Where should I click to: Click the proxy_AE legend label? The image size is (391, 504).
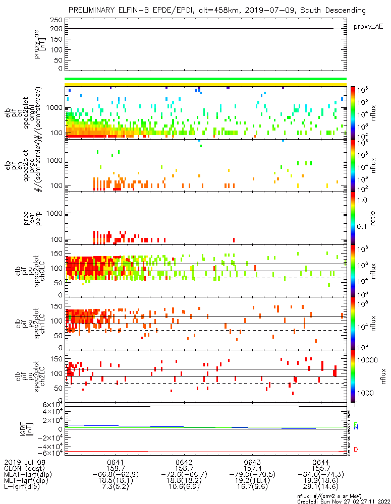click(x=367, y=26)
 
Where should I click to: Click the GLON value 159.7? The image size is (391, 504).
click(x=116, y=468)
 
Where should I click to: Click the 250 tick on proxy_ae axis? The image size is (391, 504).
click(x=57, y=20)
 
